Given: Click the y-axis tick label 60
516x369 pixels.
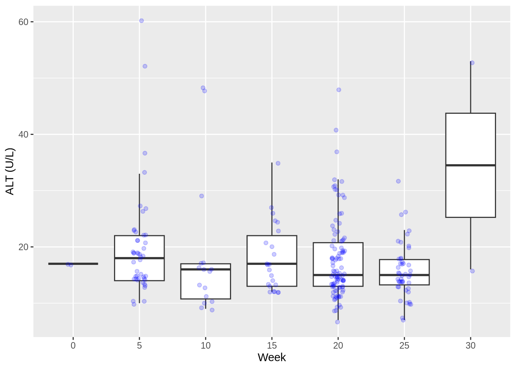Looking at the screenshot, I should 23,22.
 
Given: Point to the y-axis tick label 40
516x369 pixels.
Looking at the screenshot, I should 23,135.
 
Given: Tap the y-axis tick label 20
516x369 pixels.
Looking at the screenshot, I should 23,247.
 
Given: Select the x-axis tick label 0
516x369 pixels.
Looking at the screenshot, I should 73,346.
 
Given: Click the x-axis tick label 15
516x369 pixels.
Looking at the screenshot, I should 272,346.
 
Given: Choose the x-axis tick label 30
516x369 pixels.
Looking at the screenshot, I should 471,346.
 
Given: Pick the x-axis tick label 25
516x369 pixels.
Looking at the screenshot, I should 404,346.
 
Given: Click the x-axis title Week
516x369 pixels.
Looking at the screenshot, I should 272,357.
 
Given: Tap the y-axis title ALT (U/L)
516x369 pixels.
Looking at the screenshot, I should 10,171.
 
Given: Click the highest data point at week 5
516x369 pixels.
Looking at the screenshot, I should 141,21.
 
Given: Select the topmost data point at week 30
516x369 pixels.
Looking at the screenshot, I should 472,63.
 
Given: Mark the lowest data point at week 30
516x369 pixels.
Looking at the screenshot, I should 472,271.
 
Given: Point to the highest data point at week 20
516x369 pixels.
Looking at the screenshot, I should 339,90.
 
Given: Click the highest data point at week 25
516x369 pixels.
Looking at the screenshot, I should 399,181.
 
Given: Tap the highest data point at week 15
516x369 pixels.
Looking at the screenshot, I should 278,163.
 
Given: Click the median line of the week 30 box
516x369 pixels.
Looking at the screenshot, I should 471,165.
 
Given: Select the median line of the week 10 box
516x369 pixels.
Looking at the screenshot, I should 206,269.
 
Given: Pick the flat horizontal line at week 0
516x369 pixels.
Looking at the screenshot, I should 73,264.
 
